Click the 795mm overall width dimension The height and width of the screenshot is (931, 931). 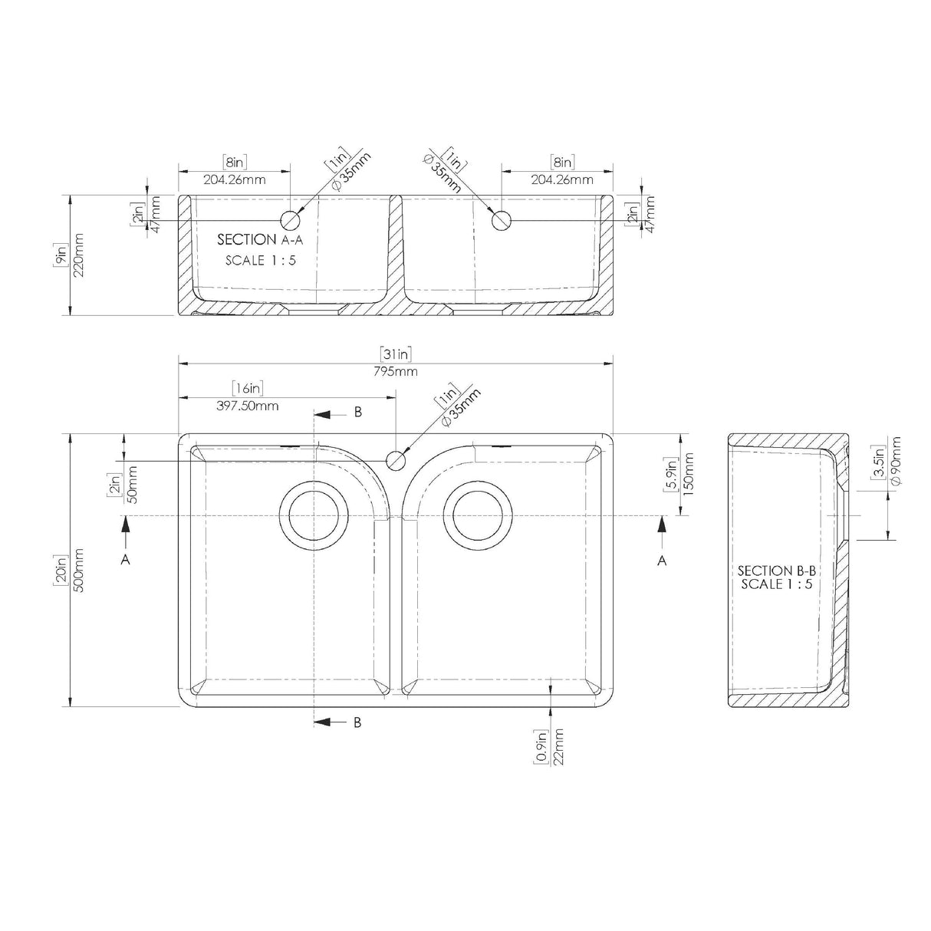pos(396,372)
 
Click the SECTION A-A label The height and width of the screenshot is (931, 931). pos(258,239)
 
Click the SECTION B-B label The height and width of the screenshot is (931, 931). pos(775,571)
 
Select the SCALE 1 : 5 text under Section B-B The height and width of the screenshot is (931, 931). pos(775,584)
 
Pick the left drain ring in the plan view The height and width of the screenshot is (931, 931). pos(312,515)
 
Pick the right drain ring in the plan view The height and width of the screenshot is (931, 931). pos(481,515)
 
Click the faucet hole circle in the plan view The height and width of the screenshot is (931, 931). pos(395,460)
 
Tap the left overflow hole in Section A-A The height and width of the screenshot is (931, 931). pos(291,220)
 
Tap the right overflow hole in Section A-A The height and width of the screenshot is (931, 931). pos(501,220)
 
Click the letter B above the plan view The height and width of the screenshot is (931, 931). pos(357,413)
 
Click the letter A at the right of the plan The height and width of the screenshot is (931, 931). pos(663,561)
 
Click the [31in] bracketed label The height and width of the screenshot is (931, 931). pos(396,354)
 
